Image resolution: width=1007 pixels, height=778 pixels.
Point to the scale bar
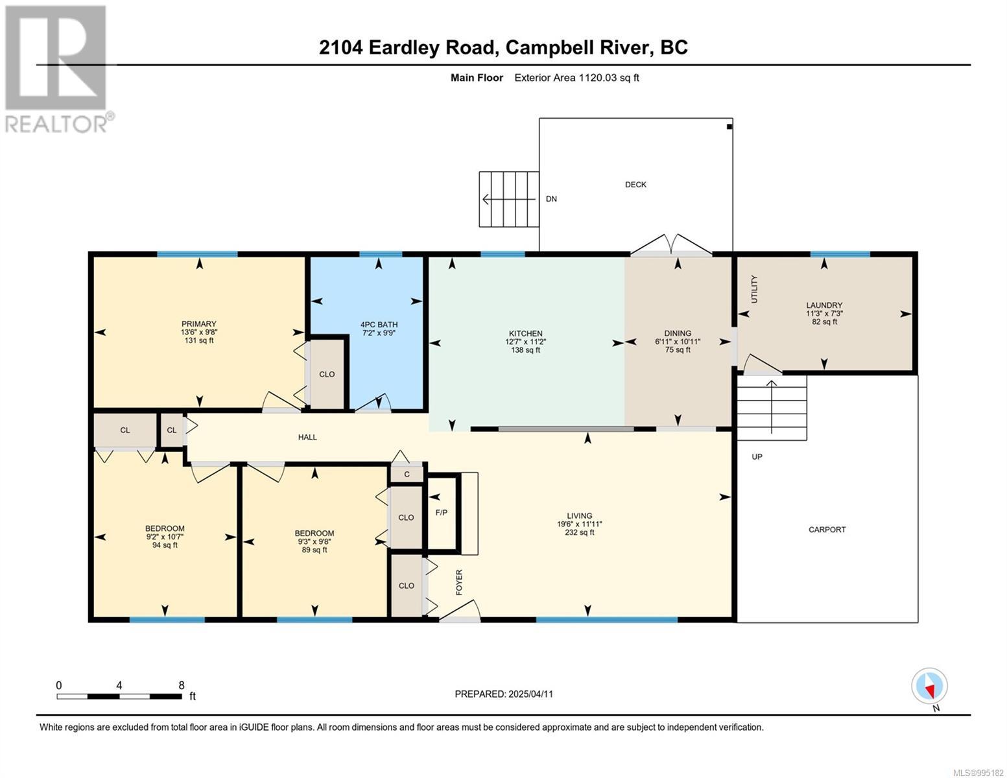[x=119, y=696]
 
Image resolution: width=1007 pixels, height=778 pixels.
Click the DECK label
[x=635, y=184]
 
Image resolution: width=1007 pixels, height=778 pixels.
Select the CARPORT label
[x=827, y=529]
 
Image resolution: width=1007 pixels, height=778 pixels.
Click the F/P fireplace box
[x=444, y=513]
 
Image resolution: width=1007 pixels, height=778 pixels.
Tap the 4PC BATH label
[x=379, y=324]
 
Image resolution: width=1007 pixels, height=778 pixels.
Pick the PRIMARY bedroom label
[x=199, y=324]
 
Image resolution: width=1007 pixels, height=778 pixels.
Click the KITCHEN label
[x=525, y=333]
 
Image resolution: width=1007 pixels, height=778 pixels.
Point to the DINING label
[x=678, y=333]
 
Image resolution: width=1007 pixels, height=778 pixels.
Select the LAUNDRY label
[x=824, y=305]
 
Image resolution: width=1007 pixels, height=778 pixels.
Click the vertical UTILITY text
[x=754, y=289]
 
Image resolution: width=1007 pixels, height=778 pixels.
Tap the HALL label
[x=307, y=437]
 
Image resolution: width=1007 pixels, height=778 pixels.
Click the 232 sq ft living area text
[x=579, y=532]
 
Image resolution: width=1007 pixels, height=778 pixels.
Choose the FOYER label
[x=459, y=582]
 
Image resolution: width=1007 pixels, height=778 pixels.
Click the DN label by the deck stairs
[x=551, y=199]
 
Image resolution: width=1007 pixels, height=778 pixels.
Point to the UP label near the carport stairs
[x=757, y=456]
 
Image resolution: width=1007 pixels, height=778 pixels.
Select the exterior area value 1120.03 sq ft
[x=608, y=77]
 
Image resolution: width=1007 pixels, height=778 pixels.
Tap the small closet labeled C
[x=407, y=474]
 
